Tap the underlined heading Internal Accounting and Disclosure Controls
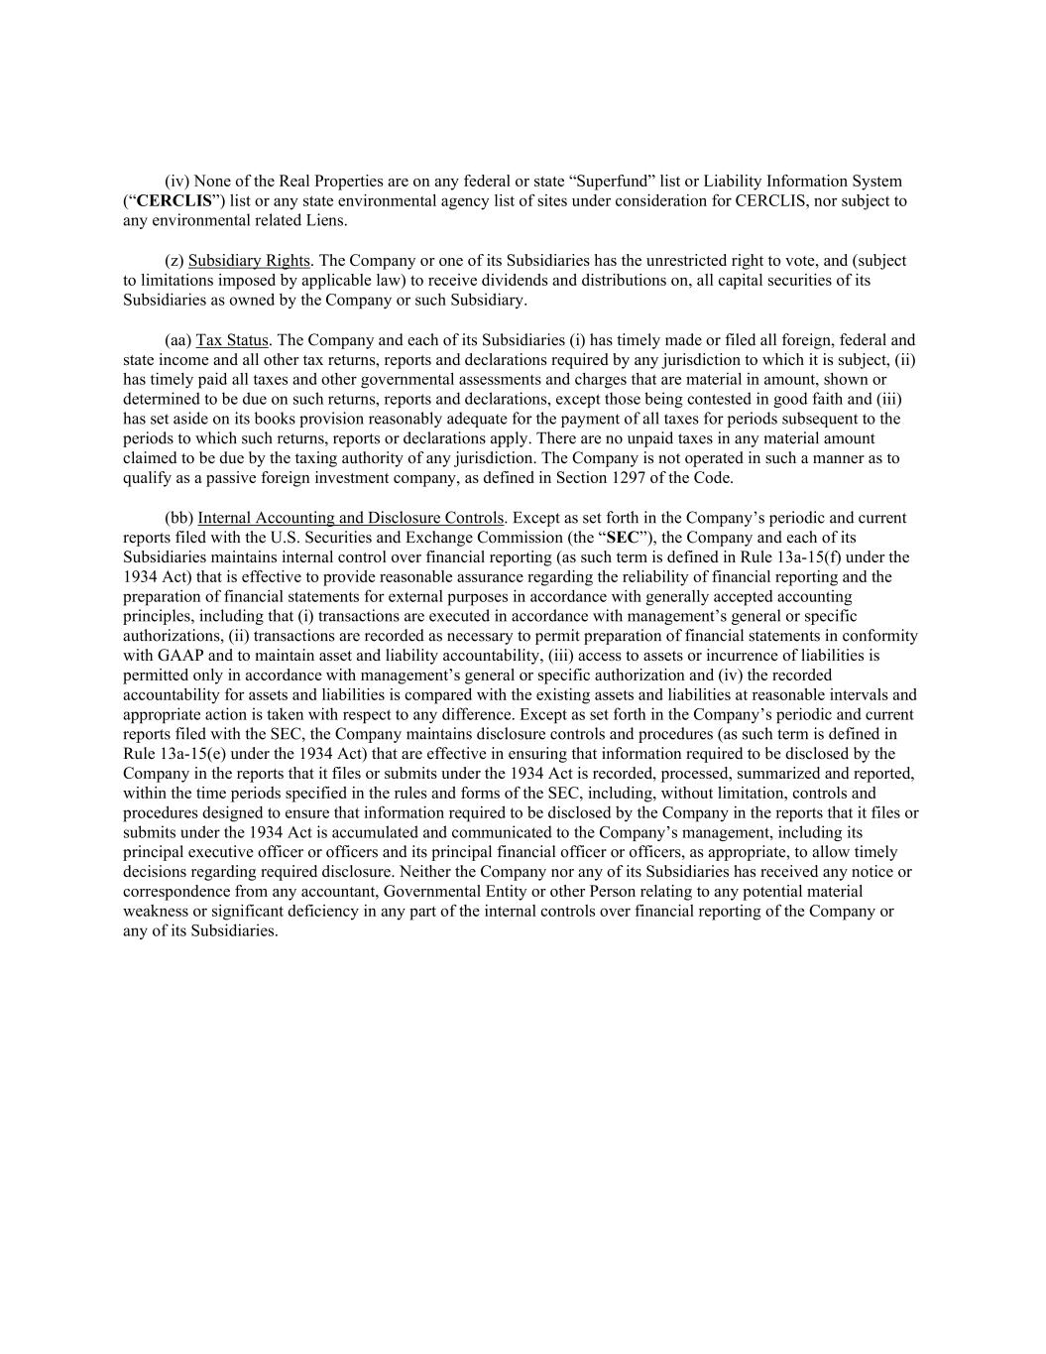tap(351, 518)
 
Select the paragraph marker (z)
tap(174, 261)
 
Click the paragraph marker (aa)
tap(177, 340)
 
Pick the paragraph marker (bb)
tap(178, 518)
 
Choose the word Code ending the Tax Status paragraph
tap(713, 478)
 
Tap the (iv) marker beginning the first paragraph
tap(176, 182)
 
